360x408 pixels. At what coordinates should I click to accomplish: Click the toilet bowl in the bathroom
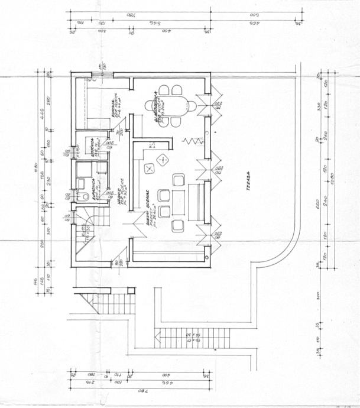(86, 196)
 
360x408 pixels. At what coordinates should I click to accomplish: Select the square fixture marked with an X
(149, 169)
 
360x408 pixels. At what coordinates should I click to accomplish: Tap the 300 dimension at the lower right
(318, 294)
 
